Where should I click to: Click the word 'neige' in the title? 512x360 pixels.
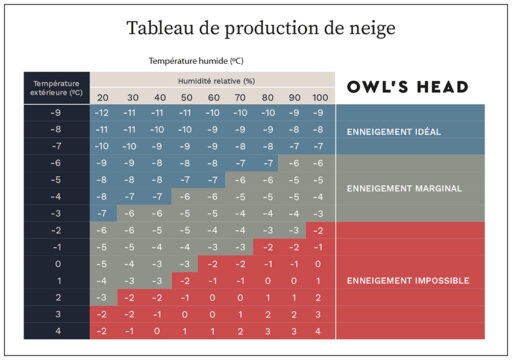(372, 28)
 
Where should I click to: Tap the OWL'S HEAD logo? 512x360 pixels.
(408, 87)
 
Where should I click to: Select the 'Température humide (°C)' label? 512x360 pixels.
(196, 61)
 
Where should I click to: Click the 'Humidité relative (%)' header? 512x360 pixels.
(216, 81)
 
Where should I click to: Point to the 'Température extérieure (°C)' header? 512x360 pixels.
(56, 88)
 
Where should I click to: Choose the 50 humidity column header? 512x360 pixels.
(187, 98)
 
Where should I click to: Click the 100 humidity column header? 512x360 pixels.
(320, 98)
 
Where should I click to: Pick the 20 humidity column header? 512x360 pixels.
(103, 98)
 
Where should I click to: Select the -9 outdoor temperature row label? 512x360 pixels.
(56, 113)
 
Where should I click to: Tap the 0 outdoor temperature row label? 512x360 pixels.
(58, 264)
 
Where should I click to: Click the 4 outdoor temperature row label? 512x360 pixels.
(58, 331)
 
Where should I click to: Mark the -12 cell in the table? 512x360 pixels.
(102, 113)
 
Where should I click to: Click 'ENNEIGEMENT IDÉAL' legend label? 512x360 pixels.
(394, 132)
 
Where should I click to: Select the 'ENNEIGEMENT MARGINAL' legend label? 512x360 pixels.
(404, 189)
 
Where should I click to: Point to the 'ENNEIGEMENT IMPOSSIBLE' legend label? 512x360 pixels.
(408, 281)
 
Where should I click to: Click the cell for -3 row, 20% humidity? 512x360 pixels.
(102, 214)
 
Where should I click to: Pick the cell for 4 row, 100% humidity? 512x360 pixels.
(318, 332)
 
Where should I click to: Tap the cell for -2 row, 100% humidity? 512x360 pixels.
(318, 231)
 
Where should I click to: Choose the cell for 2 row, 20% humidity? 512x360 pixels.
(102, 298)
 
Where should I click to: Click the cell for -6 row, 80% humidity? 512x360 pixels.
(268, 163)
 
